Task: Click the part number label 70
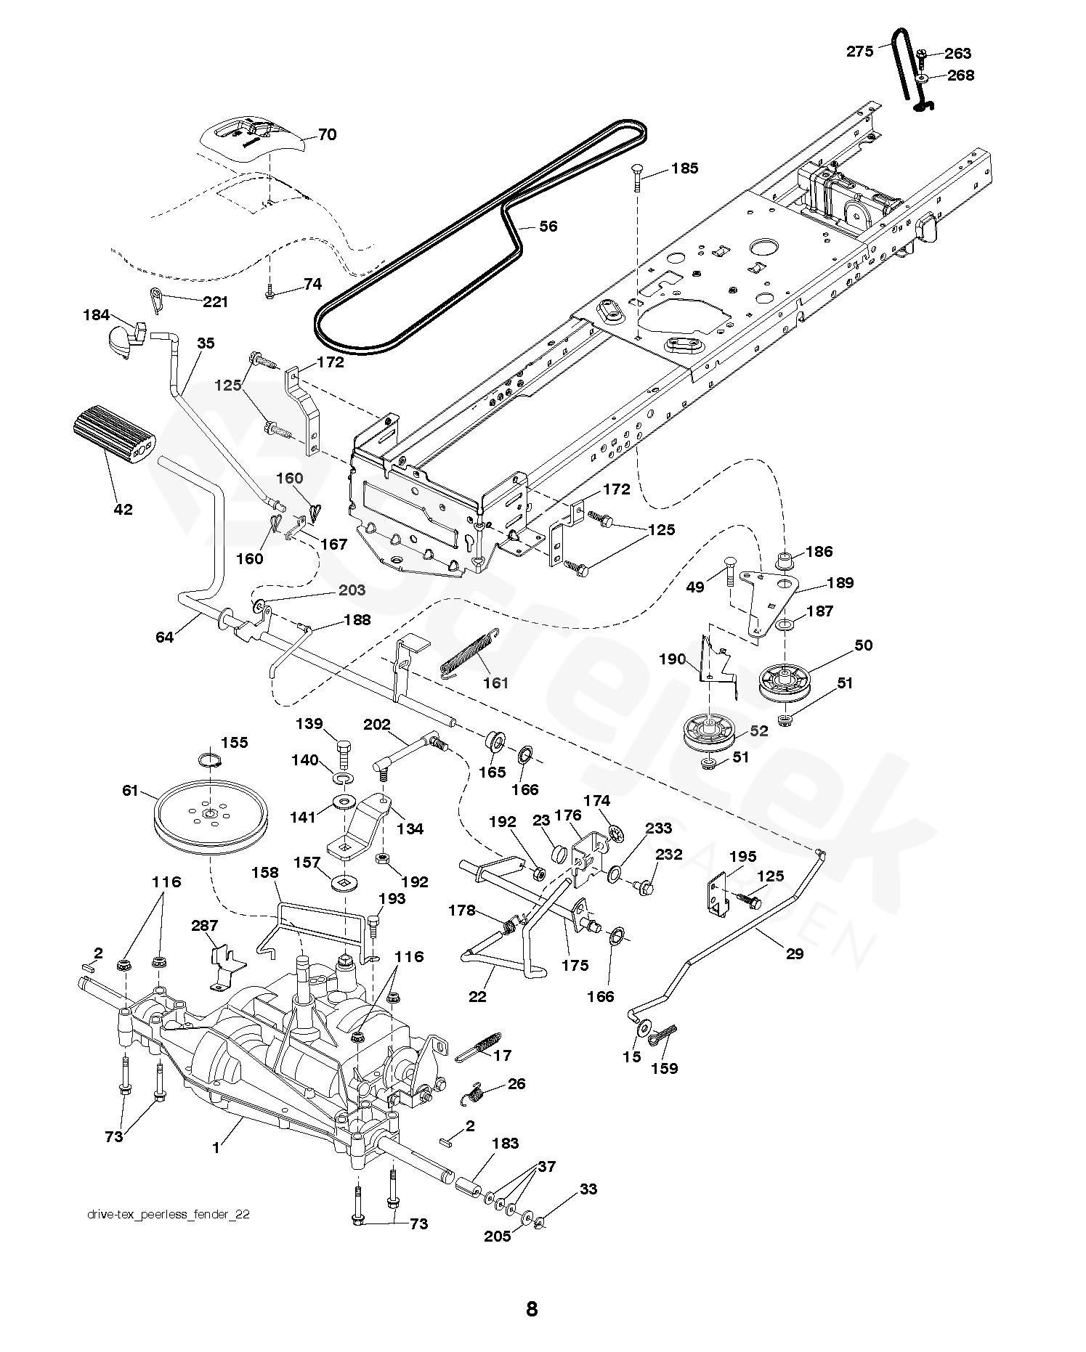coord(327,135)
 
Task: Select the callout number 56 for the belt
coord(548,227)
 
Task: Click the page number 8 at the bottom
coord(532,1308)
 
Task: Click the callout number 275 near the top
coord(860,52)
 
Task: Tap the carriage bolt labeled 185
coord(637,176)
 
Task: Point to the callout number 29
coord(795,953)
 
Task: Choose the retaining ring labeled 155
coord(210,760)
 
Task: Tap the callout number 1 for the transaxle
coord(216,1149)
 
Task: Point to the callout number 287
coord(205,926)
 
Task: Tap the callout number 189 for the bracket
coord(840,582)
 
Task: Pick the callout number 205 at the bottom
coord(498,1236)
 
